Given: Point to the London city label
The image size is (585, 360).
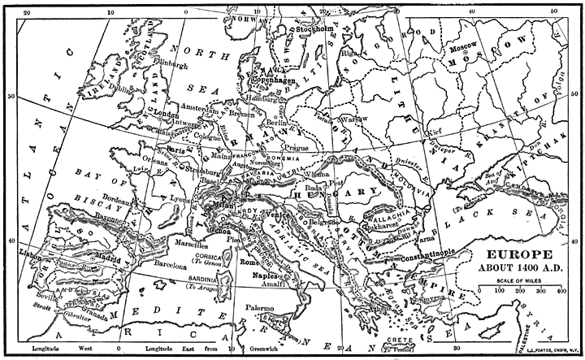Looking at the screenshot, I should click(166, 115).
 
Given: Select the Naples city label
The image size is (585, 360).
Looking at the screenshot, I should click(271, 276).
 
